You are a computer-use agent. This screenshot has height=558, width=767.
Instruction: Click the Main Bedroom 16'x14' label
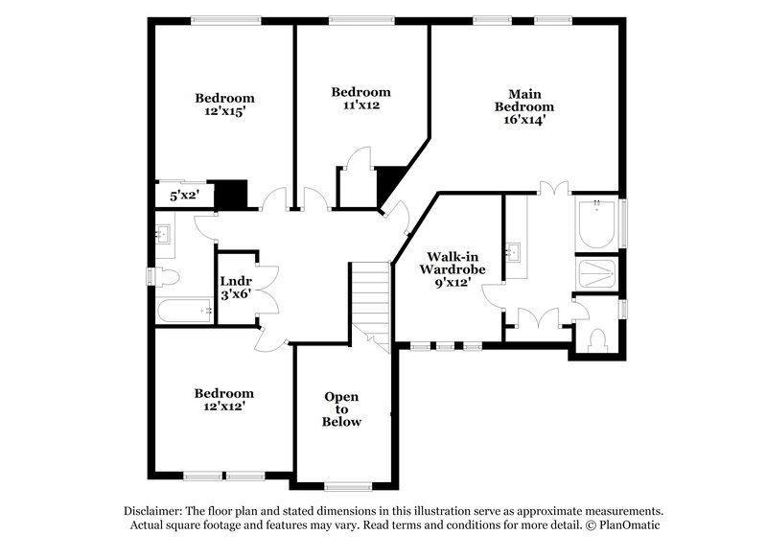click(524, 106)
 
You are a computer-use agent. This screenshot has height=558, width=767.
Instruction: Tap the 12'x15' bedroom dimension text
click(224, 112)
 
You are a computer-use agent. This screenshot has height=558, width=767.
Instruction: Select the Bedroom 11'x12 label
click(360, 99)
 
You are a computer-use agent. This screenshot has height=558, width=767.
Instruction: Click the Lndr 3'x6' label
click(236, 288)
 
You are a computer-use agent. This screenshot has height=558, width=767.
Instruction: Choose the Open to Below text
click(342, 409)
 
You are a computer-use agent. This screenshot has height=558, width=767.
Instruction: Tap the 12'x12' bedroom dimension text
click(224, 407)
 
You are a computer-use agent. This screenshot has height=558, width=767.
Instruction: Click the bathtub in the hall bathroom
click(183, 310)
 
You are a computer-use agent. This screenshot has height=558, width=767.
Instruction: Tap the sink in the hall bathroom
click(163, 235)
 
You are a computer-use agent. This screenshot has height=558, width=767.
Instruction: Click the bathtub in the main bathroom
click(597, 223)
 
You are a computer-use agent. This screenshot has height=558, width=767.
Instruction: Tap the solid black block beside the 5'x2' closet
click(231, 195)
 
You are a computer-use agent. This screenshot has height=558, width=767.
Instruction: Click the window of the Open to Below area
click(345, 485)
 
